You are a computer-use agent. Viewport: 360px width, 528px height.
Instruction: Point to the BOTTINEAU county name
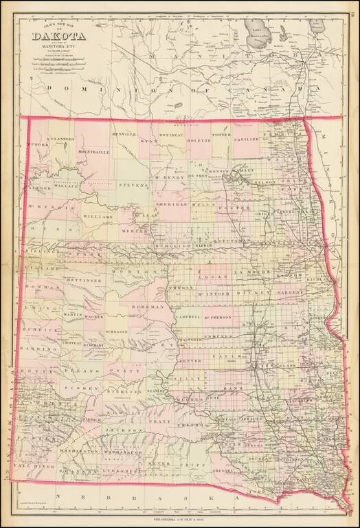[173, 135]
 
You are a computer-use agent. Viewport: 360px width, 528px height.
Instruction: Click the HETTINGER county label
[84, 280]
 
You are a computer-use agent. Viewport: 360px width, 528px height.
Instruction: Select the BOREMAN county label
[151, 307]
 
